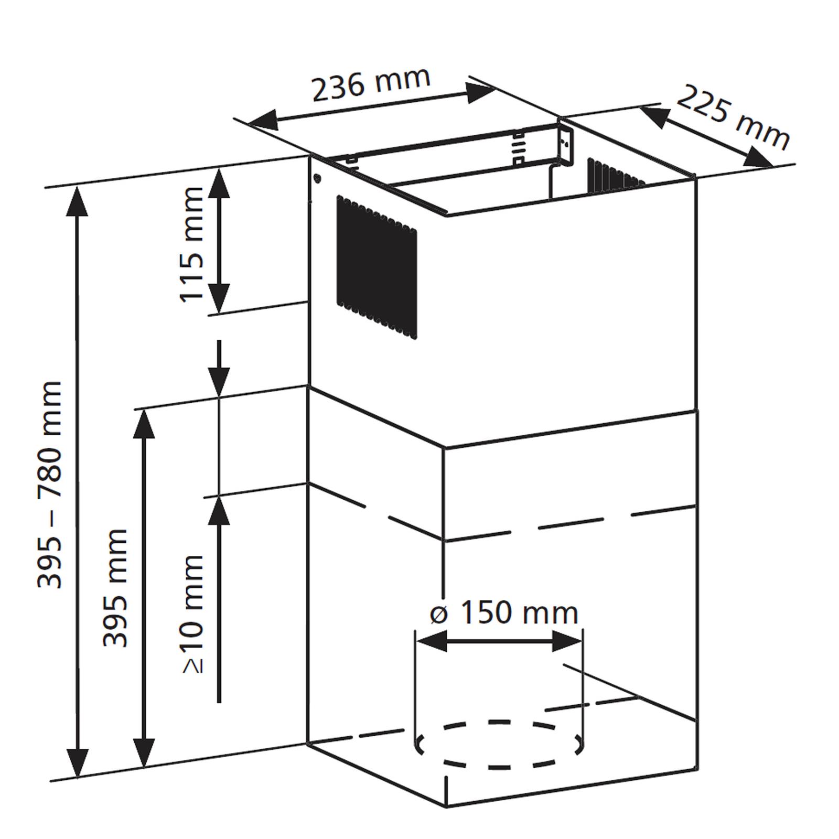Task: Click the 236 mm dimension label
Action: (x=371, y=83)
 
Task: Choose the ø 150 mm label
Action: (x=504, y=612)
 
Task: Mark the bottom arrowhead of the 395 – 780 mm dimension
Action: (x=77, y=763)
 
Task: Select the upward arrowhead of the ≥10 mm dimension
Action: (x=219, y=510)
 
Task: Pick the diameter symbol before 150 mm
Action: (x=439, y=614)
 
